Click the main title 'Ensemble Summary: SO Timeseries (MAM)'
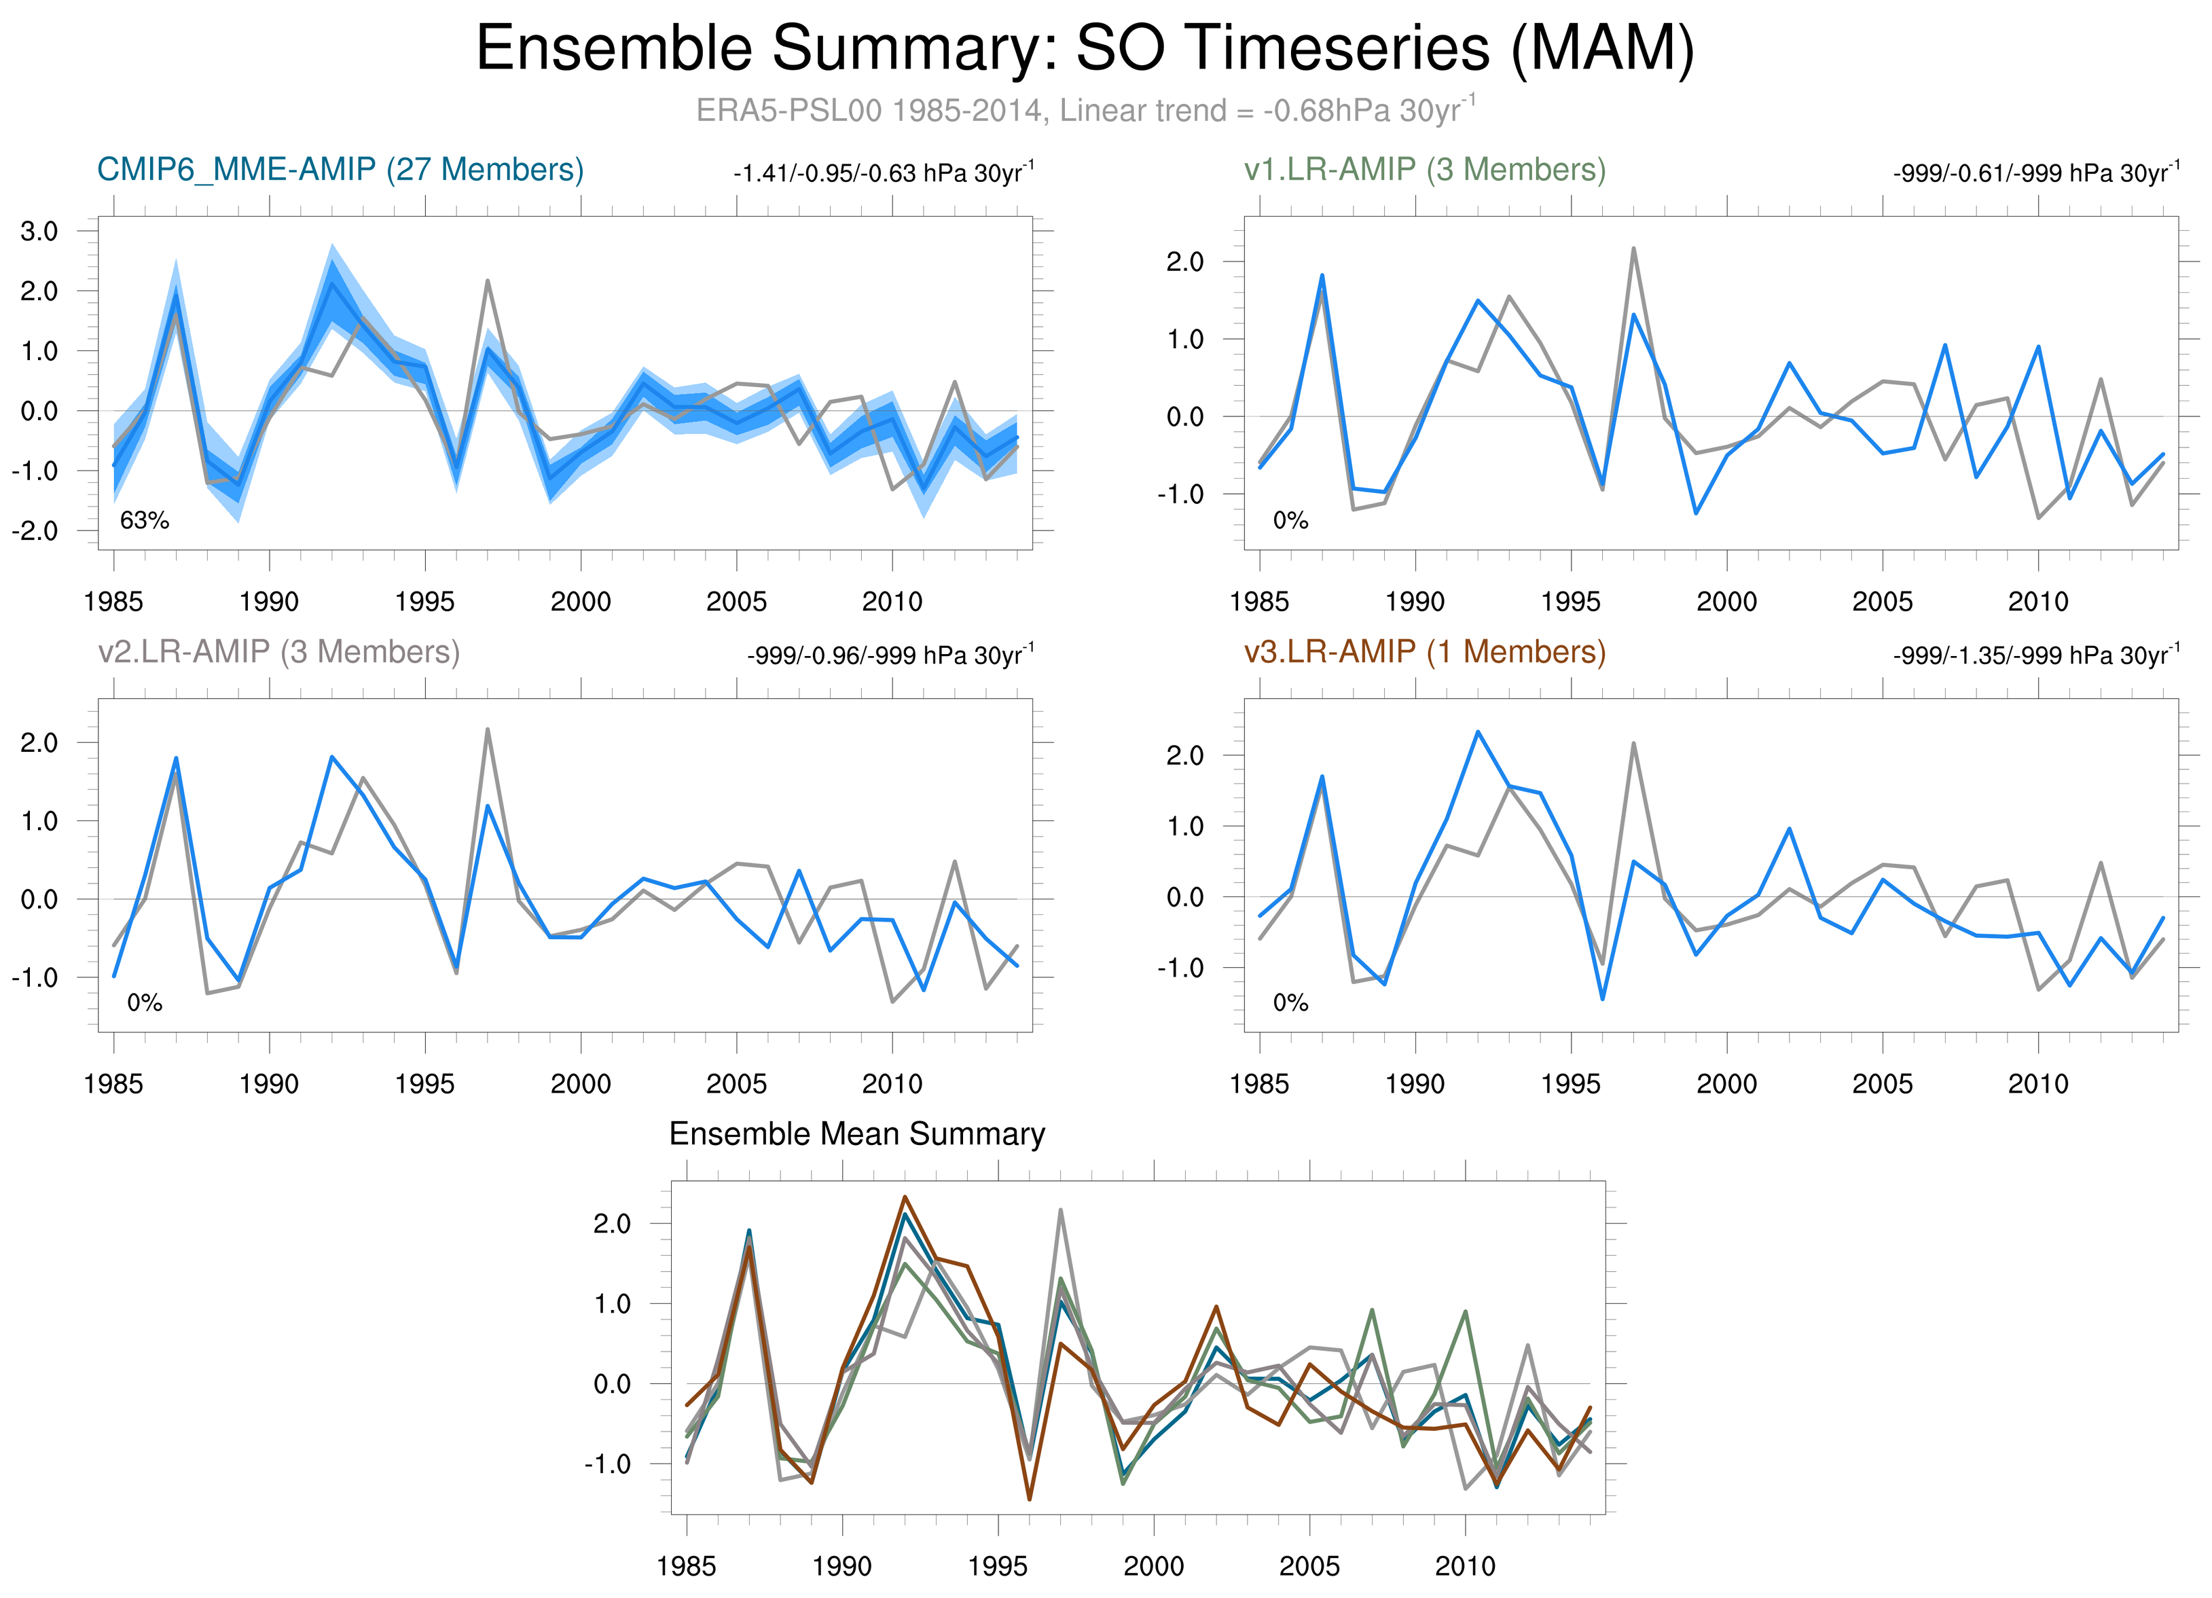[x=1085, y=49]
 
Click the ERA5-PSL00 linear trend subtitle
[x=1085, y=110]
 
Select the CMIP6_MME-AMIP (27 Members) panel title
[x=340, y=170]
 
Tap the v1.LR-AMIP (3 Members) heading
[x=1424, y=170]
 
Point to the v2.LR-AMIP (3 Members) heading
[x=279, y=651]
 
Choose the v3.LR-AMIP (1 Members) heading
[x=1424, y=651]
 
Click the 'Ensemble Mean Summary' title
[x=856, y=1134]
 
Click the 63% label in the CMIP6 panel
[x=145, y=521]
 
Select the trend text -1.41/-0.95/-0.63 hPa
[x=883, y=174]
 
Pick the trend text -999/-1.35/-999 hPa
[x=2035, y=655]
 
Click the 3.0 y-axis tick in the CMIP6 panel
[x=39, y=231]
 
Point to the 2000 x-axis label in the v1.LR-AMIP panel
[x=1726, y=602]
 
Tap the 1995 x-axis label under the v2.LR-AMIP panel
[x=424, y=1083]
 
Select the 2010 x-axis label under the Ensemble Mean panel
[x=1465, y=1566]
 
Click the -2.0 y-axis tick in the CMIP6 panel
[x=35, y=531]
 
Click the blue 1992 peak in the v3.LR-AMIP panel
[x=1478, y=732]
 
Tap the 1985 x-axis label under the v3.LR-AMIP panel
[x=1259, y=1083]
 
